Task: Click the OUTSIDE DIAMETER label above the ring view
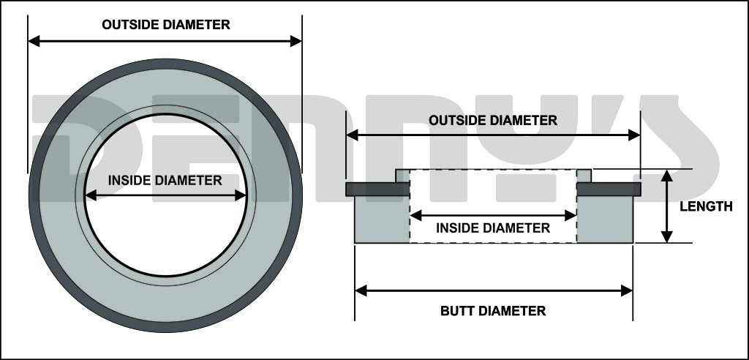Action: [x=166, y=25]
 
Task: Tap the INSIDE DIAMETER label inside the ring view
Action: [x=165, y=180]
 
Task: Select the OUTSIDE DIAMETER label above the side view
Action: [x=493, y=120]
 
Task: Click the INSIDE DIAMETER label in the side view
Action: [x=493, y=228]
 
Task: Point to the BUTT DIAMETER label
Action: [x=493, y=311]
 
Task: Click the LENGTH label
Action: [x=706, y=207]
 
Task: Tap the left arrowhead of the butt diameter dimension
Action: [x=361, y=290]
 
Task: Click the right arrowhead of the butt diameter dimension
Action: [x=627, y=290]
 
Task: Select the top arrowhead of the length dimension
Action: [x=666, y=176]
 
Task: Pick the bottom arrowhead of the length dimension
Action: [x=666, y=236]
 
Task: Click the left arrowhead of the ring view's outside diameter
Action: [x=34, y=41]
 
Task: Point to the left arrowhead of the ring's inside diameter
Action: [x=90, y=195]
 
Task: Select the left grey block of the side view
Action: [x=381, y=220]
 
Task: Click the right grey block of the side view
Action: [x=605, y=220]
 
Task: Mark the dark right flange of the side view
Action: [x=609, y=189]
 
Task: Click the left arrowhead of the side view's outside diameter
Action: [x=352, y=135]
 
